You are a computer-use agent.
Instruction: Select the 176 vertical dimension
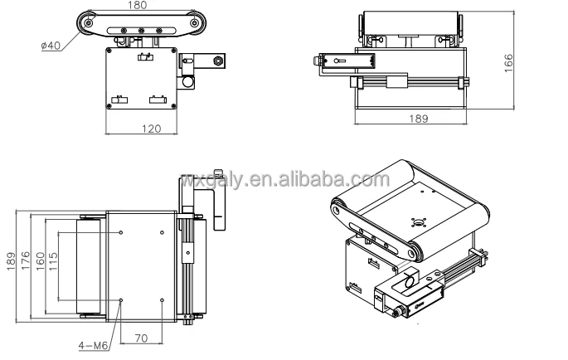click(26, 265)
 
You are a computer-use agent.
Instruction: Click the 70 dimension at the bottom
click(140, 339)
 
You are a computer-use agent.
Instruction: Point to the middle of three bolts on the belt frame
click(142, 32)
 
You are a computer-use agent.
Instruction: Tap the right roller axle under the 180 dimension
click(193, 25)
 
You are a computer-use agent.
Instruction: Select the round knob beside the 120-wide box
click(189, 81)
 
